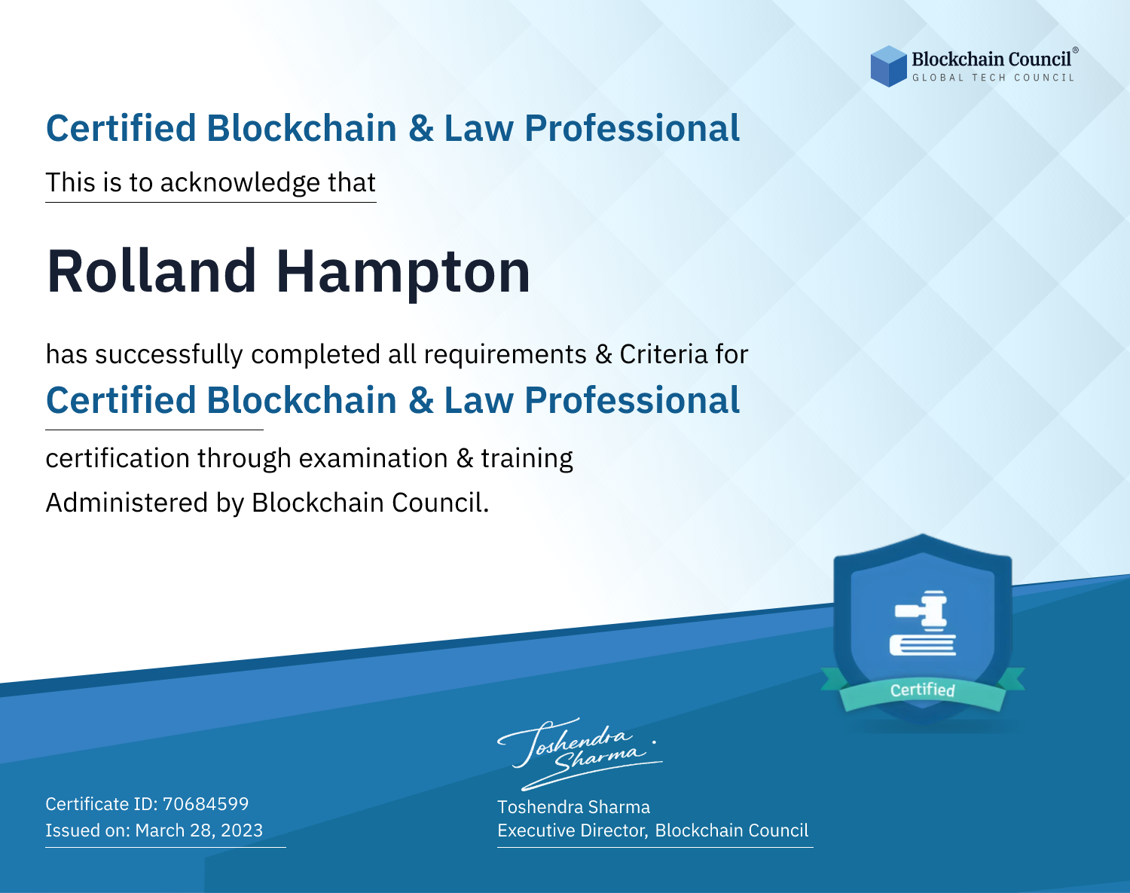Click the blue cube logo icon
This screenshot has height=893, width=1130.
888,66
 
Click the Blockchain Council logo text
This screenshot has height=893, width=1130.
991,59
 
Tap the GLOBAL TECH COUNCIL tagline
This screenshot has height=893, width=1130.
994,78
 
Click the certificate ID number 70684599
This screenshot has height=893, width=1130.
206,803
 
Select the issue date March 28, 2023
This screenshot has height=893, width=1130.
199,830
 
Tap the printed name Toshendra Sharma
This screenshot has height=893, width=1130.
573,807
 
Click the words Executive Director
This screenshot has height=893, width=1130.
571,830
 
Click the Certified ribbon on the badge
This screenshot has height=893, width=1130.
923,690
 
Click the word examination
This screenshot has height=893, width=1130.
373,458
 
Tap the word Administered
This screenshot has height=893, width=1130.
127,503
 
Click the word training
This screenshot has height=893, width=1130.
527,459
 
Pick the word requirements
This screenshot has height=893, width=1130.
505,355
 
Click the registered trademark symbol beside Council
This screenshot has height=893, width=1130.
1075,50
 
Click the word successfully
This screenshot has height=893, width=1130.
169,355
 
